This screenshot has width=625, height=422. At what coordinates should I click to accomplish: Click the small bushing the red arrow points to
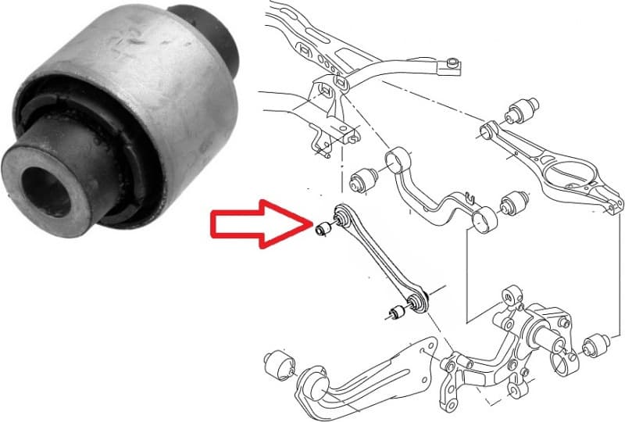321,229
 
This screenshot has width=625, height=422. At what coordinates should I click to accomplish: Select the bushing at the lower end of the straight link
395,313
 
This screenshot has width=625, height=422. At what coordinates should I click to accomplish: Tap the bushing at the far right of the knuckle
598,345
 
